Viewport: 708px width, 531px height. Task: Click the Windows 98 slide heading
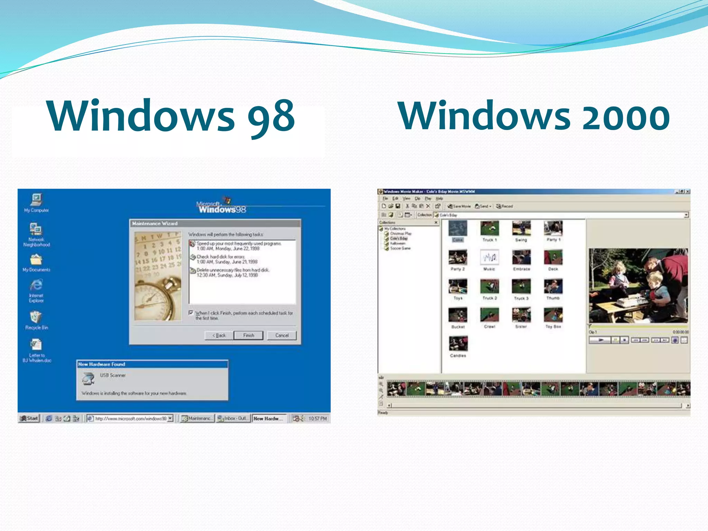pos(171,116)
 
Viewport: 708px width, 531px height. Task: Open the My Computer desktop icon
pos(36,200)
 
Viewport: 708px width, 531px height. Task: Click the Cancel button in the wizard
pos(282,335)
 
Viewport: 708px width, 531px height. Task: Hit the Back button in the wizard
pos(219,335)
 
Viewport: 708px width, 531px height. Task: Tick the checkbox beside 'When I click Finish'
pos(191,313)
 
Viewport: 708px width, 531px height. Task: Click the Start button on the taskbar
pos(29,418)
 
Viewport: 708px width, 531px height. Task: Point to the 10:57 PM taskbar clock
pos(317,419)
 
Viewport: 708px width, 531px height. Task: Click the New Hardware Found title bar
pos(152,364)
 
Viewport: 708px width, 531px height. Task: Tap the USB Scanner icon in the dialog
pos(88,379)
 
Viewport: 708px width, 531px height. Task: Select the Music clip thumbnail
pos(489,258)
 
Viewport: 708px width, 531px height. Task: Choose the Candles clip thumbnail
pos(458,344)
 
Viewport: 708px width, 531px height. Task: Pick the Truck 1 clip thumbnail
pos(490,229)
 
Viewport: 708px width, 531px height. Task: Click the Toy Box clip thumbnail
pos(553,315)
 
